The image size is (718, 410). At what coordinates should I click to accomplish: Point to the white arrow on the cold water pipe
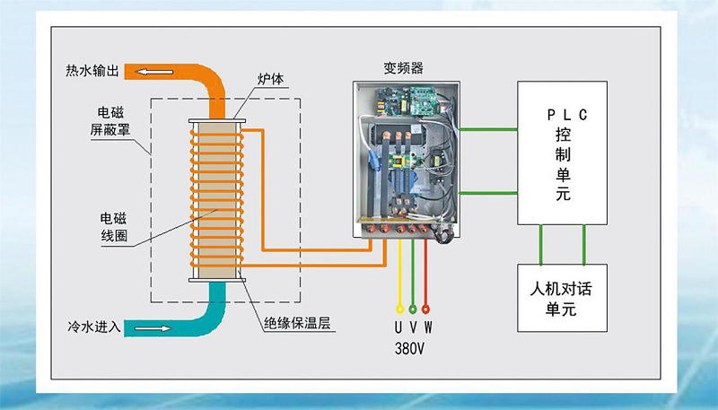[153, 328]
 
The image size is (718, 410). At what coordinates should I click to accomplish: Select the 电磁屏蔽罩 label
[112, 121]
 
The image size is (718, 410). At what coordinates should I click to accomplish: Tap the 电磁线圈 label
[112, 226]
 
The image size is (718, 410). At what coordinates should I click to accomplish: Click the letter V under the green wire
[413, 327]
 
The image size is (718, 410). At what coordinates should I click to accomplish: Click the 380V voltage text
[412, 348]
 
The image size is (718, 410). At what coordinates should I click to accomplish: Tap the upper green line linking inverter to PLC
[488, 131]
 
